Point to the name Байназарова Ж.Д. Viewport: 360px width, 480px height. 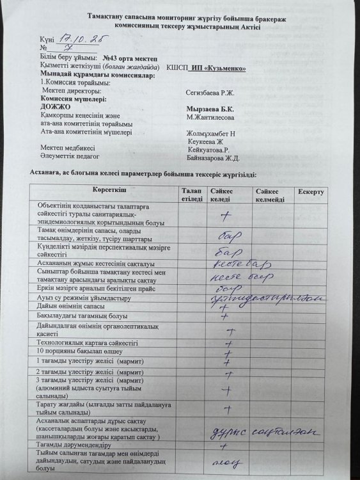tap(214, 157)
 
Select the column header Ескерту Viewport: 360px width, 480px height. tap(310, 192)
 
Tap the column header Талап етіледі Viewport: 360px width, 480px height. tap(191, 195)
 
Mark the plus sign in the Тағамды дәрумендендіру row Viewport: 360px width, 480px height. tap(224, 446)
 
